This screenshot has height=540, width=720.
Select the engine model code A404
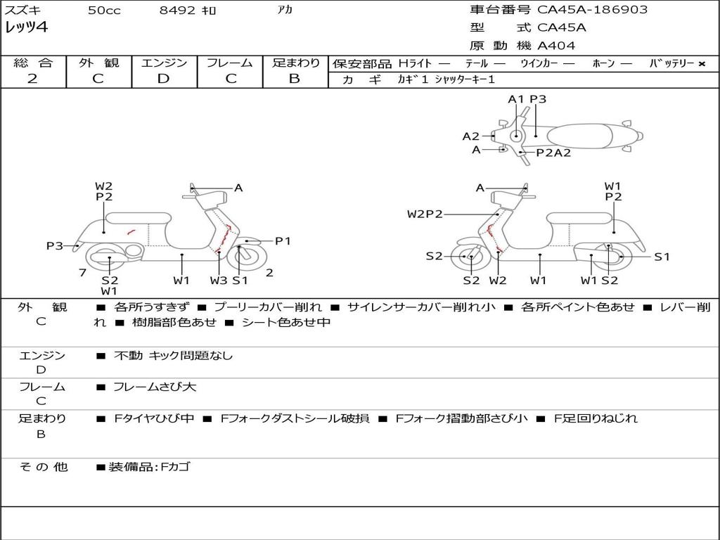[x=556, y=46]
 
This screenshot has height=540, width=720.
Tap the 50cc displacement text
[x=104, y=11]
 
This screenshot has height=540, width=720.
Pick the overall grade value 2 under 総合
[x=32, y=79]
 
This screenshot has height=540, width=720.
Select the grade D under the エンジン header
[x=163, y=79]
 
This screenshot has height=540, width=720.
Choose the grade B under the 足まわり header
[x=295, y=79]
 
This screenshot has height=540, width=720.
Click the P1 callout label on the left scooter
[x=283, y=241]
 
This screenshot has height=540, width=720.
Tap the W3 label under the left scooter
[x=219, y=281]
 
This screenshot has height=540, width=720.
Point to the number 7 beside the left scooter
[x=82, y=272]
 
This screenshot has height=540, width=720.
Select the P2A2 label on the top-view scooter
[x=553, y=153]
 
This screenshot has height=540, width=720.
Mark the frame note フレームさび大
[x=155, y=387]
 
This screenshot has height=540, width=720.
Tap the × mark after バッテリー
[x=702, y=63]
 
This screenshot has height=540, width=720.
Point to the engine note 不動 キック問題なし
[x=173, y=356]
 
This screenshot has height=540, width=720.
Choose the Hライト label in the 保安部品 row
[x=415, y=63]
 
